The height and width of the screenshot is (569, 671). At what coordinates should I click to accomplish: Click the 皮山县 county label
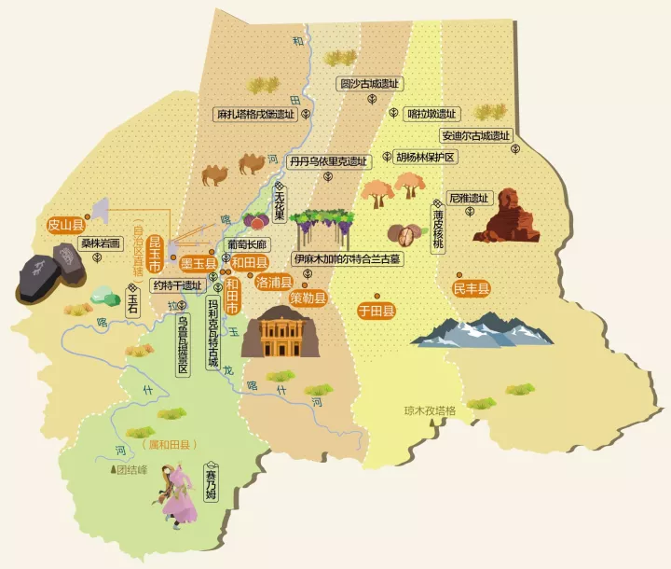66,225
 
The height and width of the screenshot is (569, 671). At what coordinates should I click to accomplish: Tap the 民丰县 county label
472,288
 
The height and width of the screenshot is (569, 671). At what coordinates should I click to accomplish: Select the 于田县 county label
377,310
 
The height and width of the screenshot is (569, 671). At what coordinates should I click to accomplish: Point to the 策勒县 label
308,298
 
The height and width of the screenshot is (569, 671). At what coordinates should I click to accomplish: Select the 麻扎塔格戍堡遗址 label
254,115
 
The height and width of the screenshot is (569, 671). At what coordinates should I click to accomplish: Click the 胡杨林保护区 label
425,157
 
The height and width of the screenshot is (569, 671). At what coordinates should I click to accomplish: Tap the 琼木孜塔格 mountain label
430,409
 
